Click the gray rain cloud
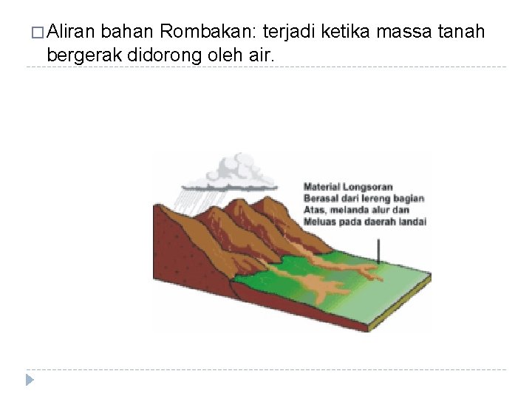pyautogui.click(x=235, y=171)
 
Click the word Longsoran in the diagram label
pyautogui.click(x=366, y=187)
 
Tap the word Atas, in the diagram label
pyautogui.click(x=316, y=209)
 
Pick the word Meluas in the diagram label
pyautogui.click(x=320, y=221)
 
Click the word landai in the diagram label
pyautogui.click(x=413, y=221)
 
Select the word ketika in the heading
pyautogui.click(x=347, y=32)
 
